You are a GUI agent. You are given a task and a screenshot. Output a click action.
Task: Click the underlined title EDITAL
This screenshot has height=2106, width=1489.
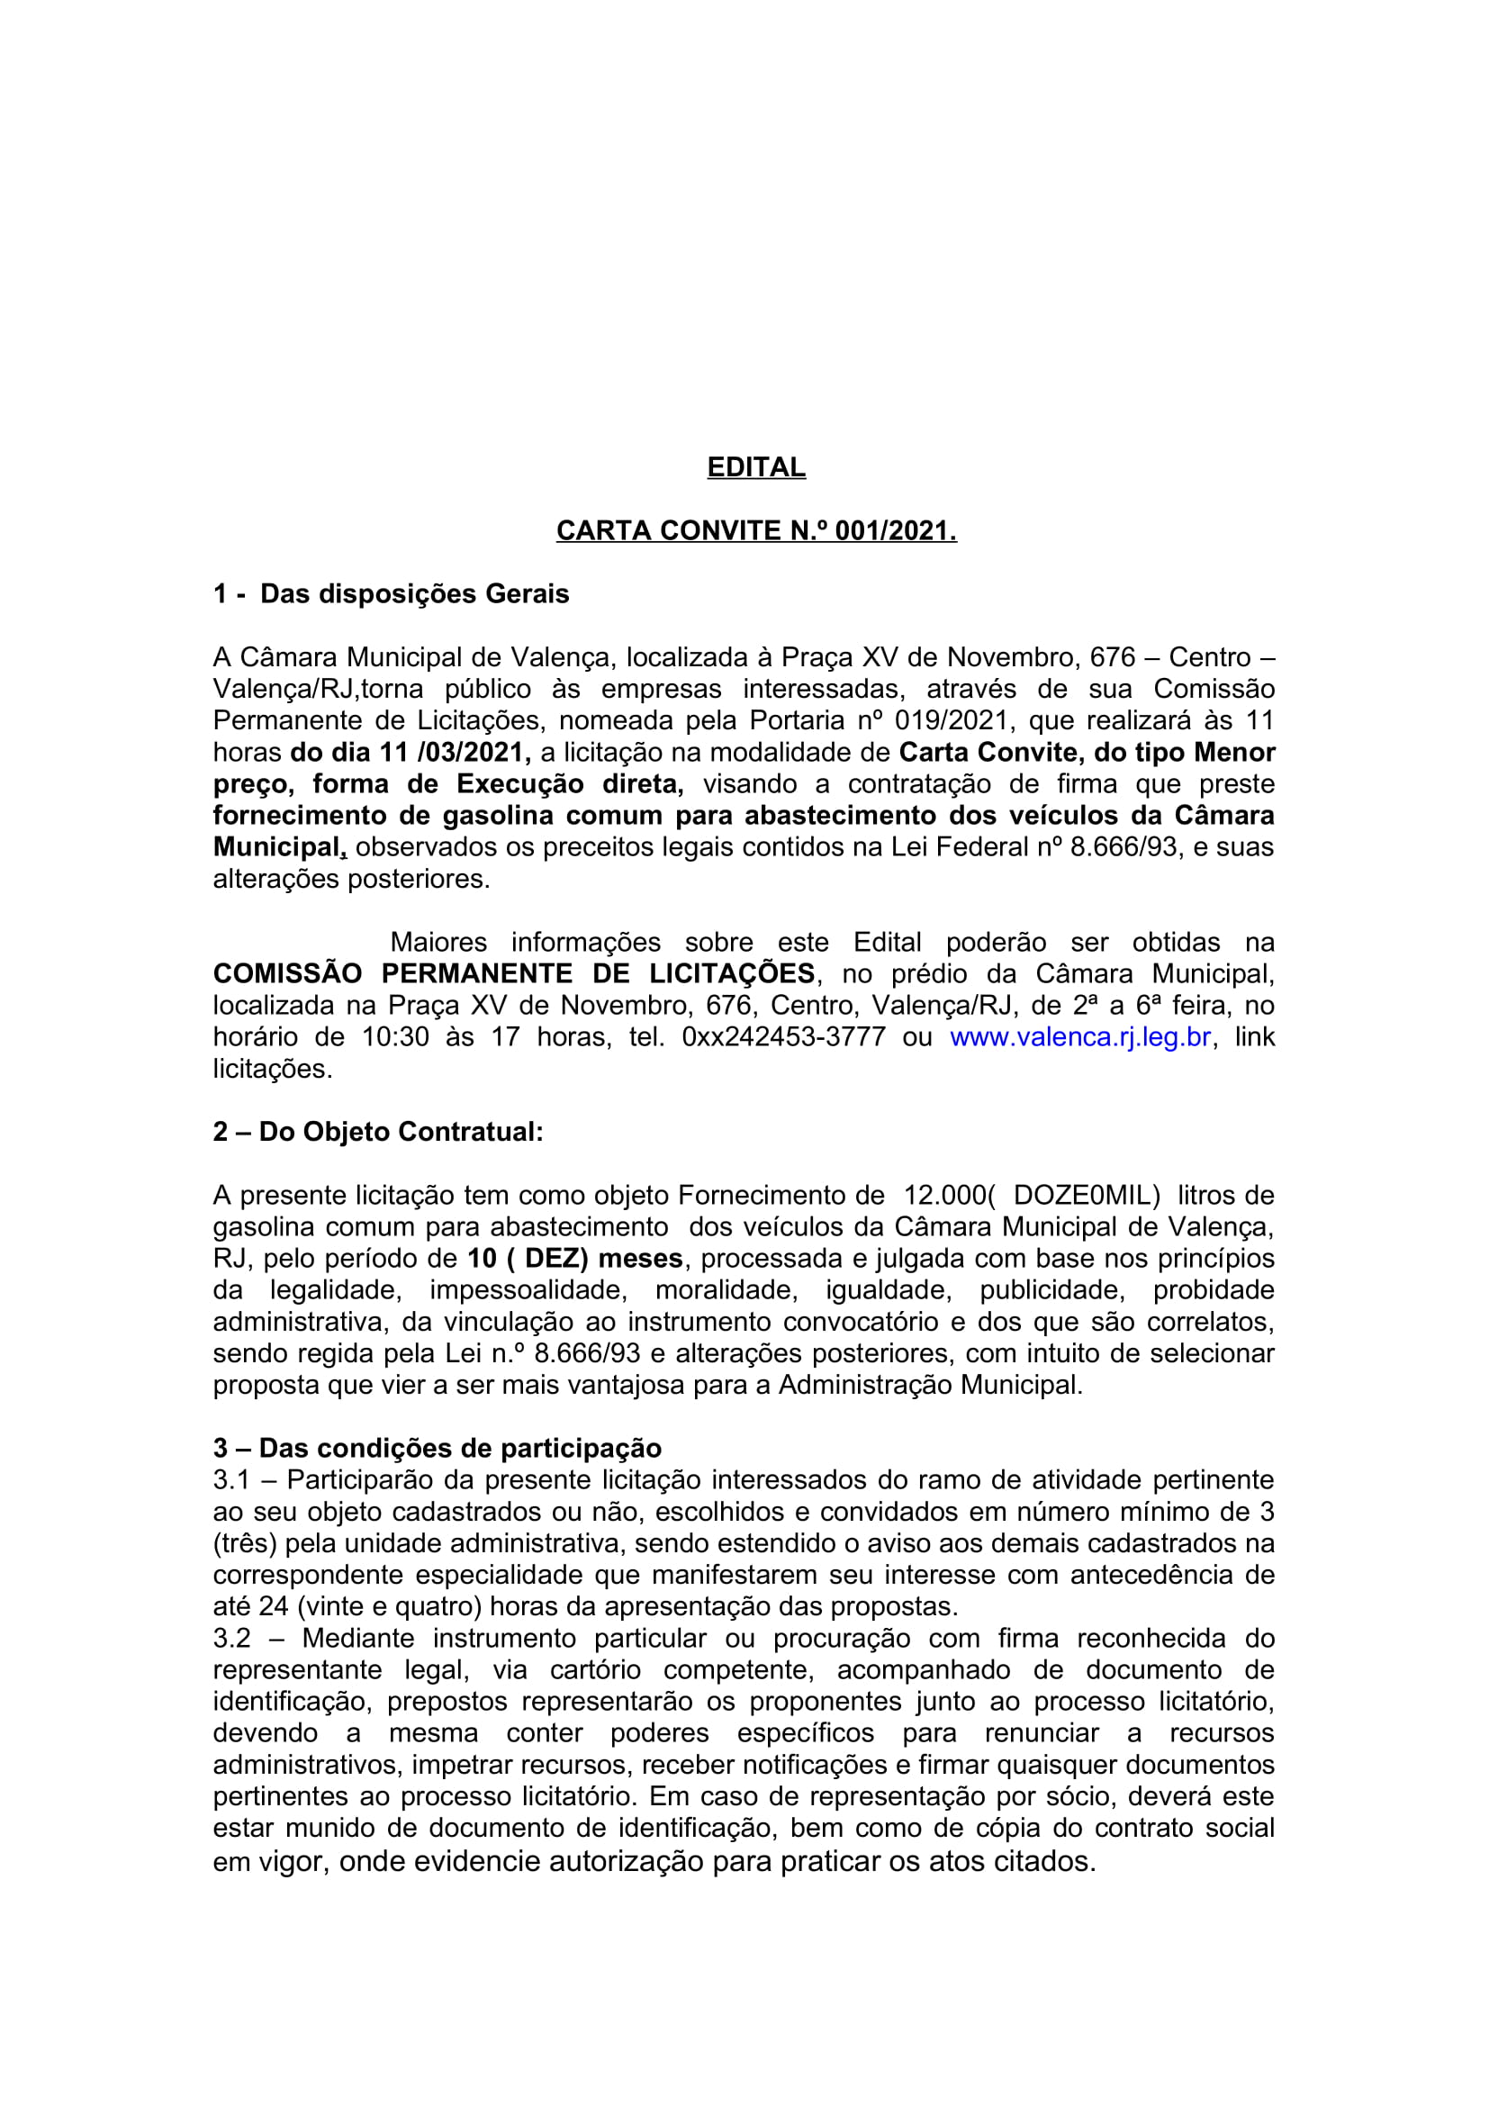coord(755,468)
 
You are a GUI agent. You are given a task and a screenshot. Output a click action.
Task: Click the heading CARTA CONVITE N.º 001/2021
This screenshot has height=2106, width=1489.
coord(755,531)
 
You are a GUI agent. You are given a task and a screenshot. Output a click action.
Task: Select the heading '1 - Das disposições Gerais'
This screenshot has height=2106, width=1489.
coord(391,594)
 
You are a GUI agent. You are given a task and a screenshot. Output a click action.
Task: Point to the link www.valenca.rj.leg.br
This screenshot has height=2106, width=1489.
coord(1080,1037)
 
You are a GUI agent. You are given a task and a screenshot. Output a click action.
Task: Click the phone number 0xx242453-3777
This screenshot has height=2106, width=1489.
coord(784,1037)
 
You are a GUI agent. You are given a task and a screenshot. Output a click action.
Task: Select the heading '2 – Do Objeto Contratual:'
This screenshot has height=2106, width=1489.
coord(378,1132)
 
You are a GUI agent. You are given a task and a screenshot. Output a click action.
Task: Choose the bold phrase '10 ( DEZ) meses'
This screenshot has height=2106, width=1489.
coord(575,1259)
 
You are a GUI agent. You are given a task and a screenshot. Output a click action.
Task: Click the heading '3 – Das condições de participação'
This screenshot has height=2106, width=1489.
coord(438,1449)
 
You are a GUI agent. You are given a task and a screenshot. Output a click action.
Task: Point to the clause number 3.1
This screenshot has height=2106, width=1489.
coord(231,1480)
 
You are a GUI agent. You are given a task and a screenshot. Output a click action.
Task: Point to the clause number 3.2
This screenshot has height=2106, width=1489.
coord(231,1638)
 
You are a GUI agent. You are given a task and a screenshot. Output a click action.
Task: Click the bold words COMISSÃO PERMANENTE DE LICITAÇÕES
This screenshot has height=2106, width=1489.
coord(513,973)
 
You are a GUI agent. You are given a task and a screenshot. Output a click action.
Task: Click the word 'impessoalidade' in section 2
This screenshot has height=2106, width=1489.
coord(528,1290)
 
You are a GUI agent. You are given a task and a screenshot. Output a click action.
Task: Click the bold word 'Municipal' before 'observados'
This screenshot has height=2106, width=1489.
coord(277,847)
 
